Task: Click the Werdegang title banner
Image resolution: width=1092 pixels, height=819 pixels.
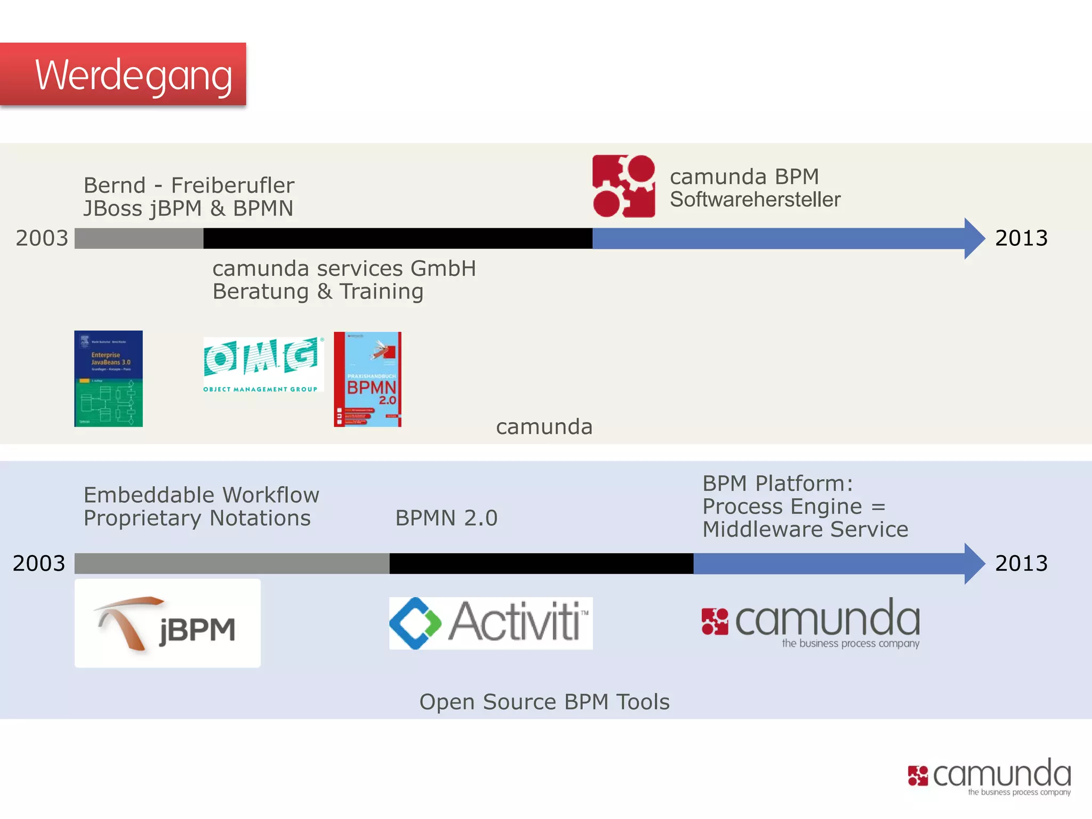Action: pos(123,75)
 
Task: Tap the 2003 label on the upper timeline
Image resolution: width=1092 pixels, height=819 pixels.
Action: pos(42,238)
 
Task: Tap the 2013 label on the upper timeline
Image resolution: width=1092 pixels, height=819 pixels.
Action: pos(1021,238)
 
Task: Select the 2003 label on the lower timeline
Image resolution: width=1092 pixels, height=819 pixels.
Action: pos(39,563)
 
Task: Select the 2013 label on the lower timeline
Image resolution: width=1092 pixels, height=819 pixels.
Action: pos(1021,563)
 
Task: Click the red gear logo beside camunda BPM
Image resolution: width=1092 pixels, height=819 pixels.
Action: pos(624,186)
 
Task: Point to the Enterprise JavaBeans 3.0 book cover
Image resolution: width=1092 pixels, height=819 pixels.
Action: pos(108,379)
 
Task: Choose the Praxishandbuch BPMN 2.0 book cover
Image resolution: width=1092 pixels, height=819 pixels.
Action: pos(367,379)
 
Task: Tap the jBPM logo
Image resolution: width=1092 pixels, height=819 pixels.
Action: pos(167,623)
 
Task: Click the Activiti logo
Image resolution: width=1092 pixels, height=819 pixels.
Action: pos(491,623)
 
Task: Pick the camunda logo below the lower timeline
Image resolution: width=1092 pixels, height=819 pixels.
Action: pos(810,623)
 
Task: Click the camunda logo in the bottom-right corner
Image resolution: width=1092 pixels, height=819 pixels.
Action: pos(989,776)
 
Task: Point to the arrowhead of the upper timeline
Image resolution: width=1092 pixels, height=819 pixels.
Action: pos(974,238)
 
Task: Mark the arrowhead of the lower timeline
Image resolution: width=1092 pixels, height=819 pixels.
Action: pos(974,564)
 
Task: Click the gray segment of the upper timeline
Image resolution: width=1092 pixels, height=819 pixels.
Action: pos(139,238)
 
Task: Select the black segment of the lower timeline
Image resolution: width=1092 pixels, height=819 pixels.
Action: pos(541,564)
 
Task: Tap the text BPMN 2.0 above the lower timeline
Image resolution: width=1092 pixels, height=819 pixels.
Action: pos(446,518)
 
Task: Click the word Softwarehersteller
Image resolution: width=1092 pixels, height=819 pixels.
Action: pos(755,199)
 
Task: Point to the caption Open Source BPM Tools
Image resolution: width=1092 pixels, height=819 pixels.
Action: pos(544,702)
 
